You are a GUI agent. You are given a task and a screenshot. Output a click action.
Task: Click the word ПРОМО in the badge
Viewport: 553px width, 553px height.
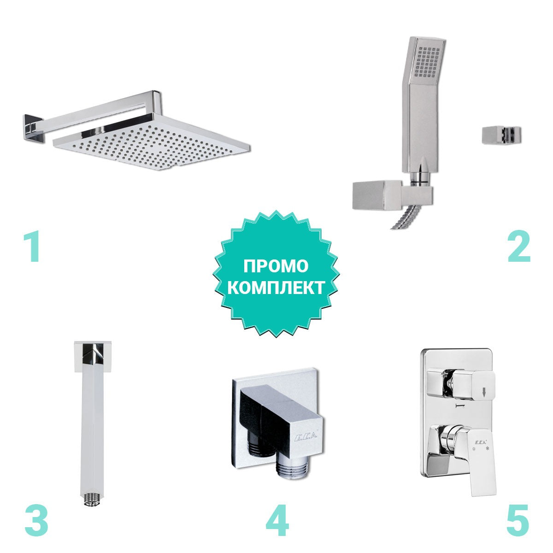coord(276,266)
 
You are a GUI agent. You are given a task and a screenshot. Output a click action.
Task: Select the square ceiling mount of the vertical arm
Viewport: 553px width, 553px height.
coord(93,357)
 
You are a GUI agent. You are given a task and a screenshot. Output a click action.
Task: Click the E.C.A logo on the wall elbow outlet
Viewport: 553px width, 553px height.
coord(306,437)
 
